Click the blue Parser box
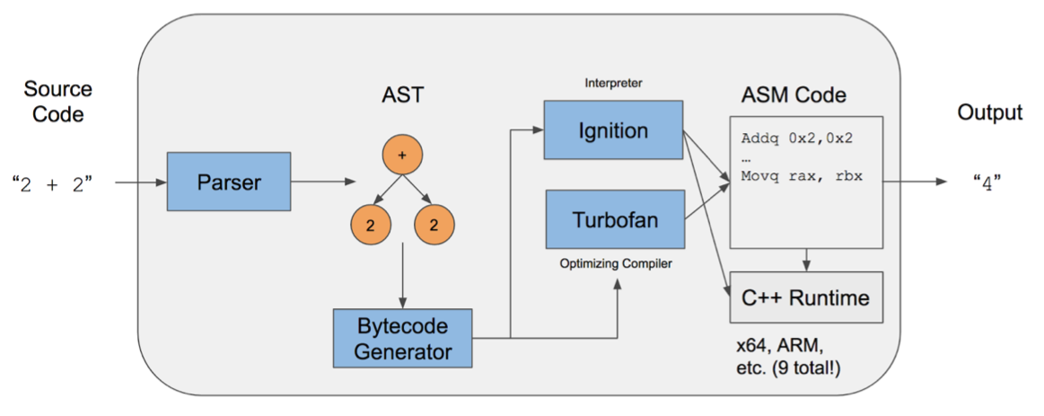pos(229,181)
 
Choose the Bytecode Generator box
pos(402,337)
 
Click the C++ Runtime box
pos(805,297)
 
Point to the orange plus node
pos(401,155)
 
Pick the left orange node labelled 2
pos(370,226)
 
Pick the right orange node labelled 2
pos(433,226)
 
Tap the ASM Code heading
pos(794,94)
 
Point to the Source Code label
pos(57,102)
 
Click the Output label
pos(989,112)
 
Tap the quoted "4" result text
pos(987,183)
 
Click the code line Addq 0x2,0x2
pos(795,139)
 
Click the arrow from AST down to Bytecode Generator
pos(402,279)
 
